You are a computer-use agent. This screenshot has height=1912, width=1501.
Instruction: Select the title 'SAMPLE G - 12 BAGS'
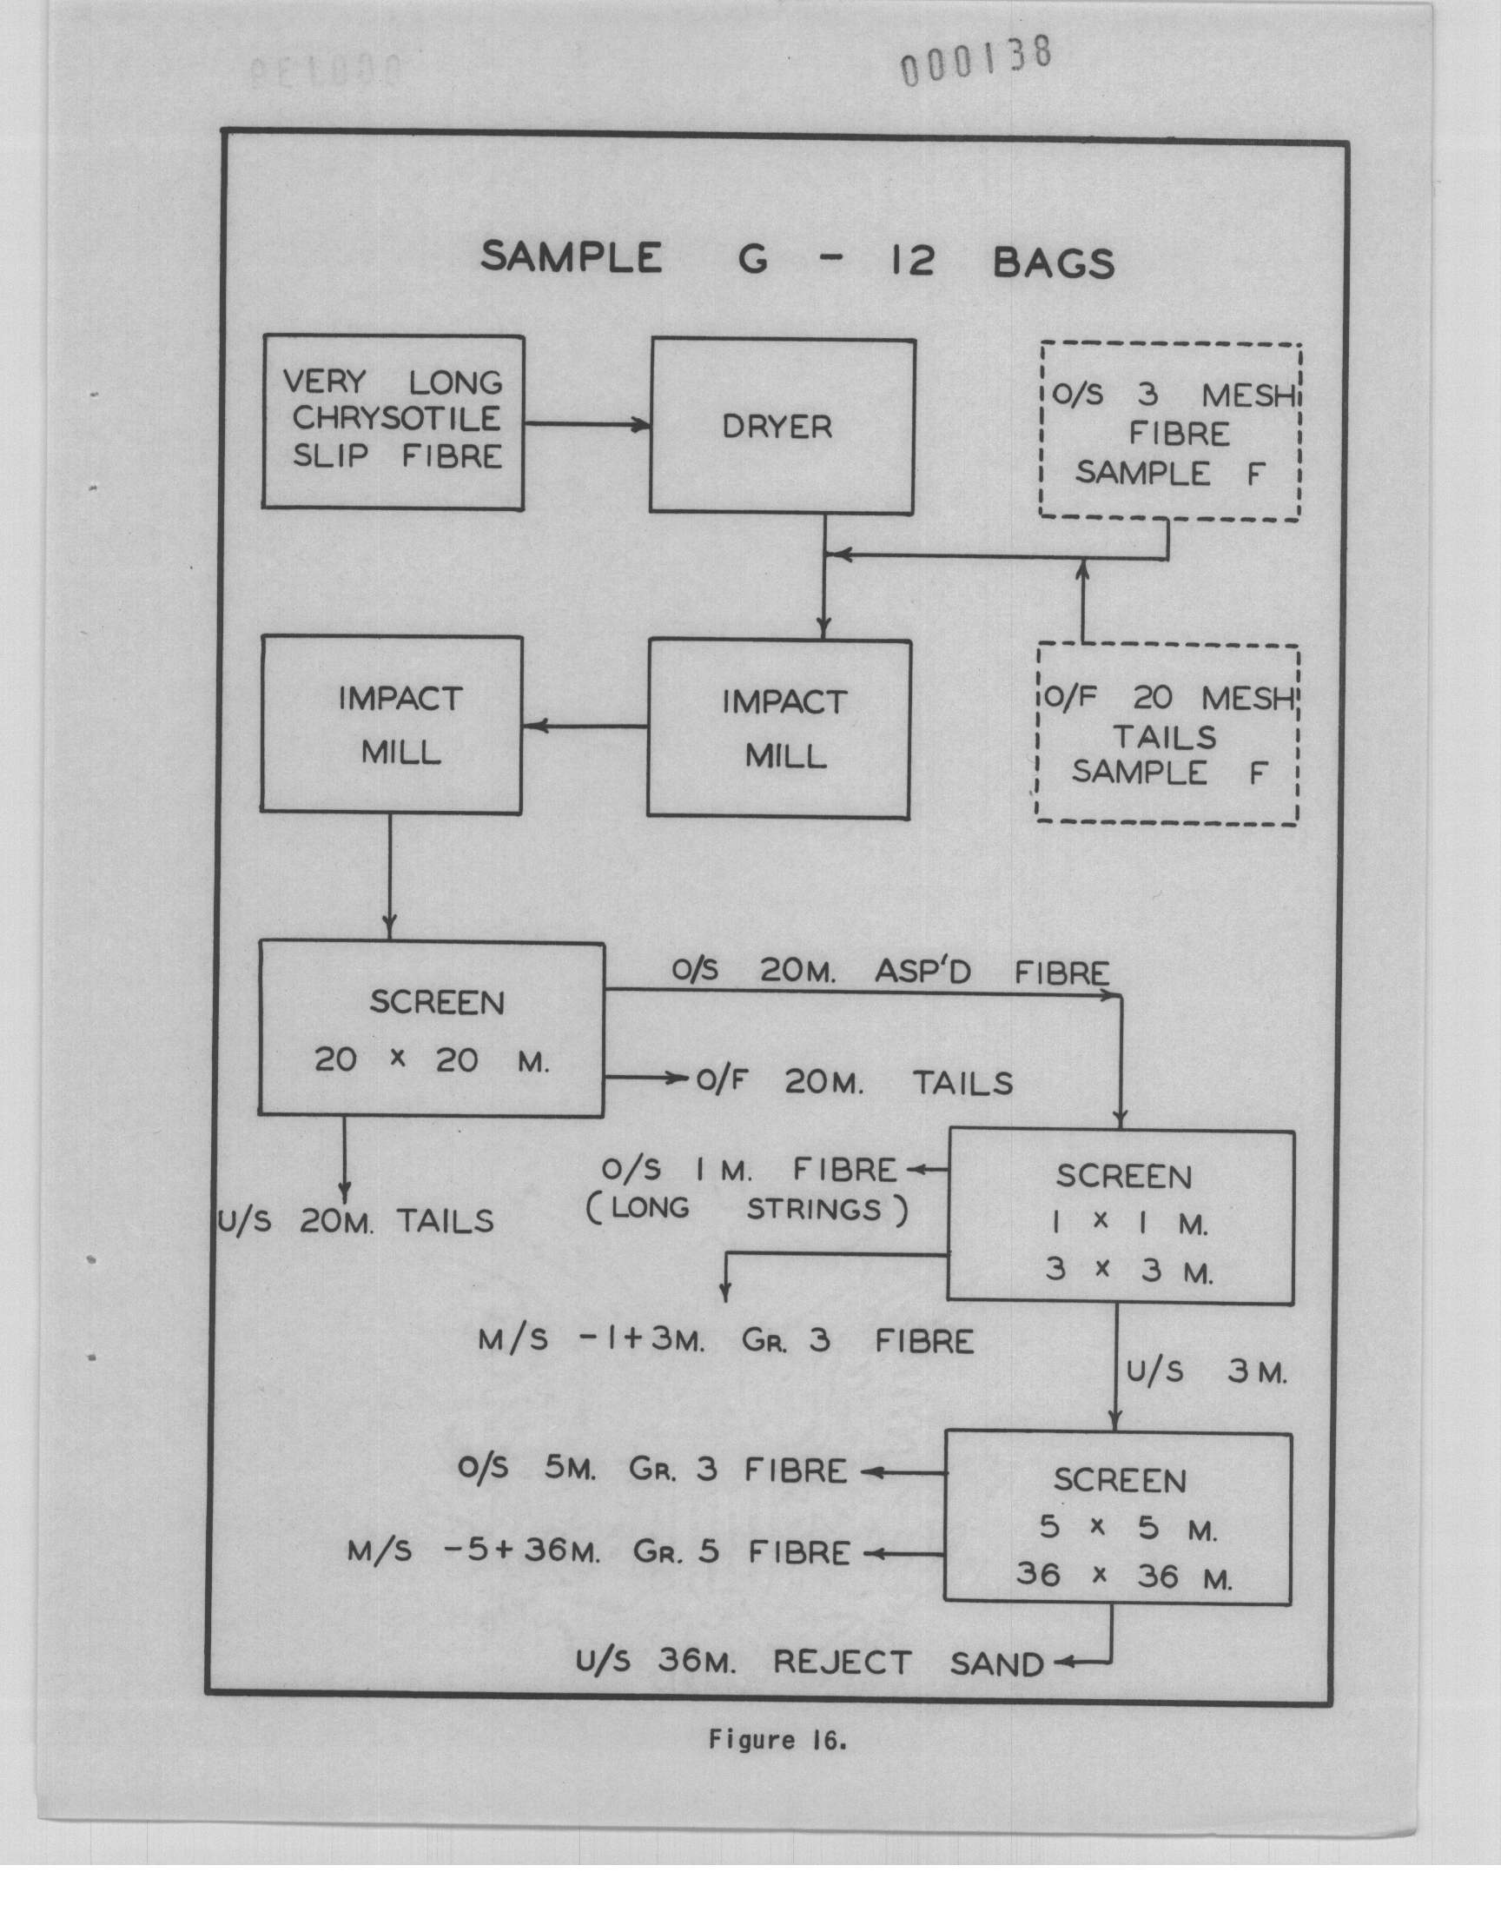tap(798, 261)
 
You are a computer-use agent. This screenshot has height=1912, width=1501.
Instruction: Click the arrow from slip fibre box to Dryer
tap(587, 425)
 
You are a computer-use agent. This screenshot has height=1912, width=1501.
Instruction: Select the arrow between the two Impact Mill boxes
tap(585, 726)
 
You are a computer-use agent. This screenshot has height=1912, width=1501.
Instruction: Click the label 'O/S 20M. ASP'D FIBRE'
tap(890, 972)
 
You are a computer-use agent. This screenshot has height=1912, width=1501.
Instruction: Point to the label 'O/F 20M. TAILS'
tap(854, 1082)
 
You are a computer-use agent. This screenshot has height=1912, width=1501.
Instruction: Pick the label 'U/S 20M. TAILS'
tap(356, 1221)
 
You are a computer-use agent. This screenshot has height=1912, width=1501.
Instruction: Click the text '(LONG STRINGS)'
tap(747, 1210)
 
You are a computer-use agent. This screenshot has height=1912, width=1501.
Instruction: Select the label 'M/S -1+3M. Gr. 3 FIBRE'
tap(727, 1342)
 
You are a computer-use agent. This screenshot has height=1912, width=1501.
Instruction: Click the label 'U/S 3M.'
tap(1207, 1372)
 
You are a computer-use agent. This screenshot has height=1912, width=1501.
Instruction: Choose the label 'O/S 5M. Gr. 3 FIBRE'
tap(652, 1470)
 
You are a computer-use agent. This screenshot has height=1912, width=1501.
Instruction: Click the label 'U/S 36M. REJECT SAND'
tap(810, 1663)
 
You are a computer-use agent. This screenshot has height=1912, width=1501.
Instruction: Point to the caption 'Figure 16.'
tap(777, 1741)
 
